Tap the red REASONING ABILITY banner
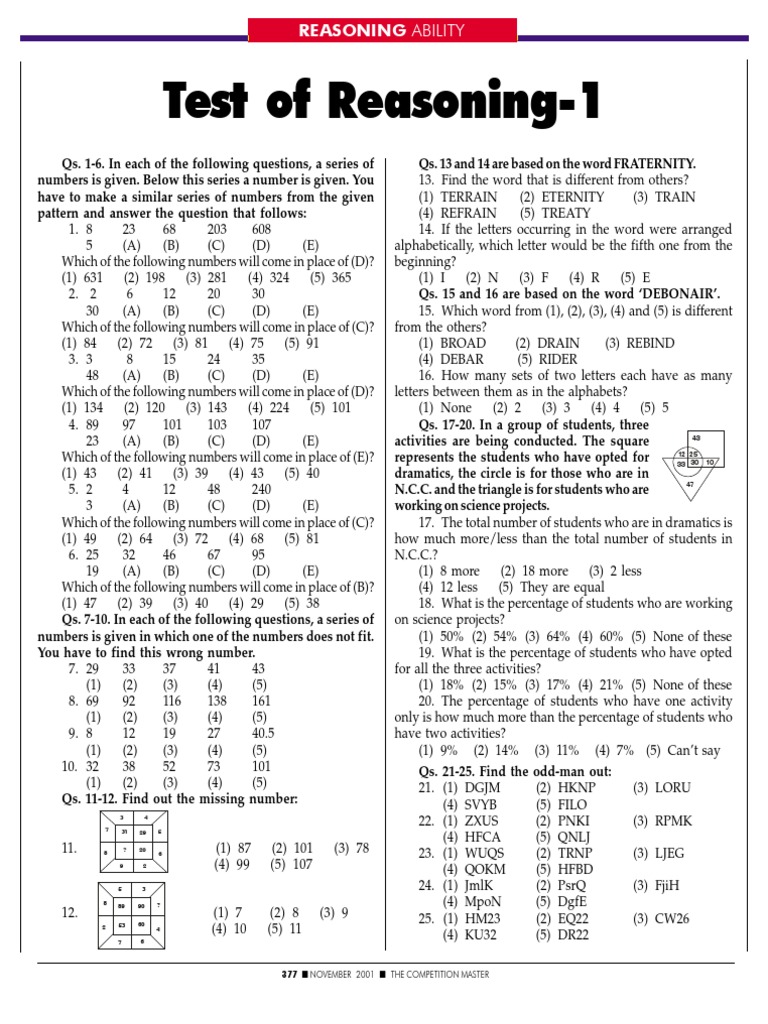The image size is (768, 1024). click(383, 31)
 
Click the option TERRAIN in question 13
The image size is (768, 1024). click(469, 197)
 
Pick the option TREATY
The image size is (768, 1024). click(567, 213)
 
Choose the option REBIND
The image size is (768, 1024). click(650, 342)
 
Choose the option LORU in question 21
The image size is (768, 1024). click(673, 788)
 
